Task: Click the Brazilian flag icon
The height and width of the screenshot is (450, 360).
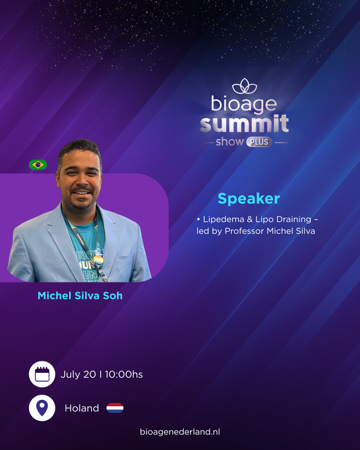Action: click(x=38, y=165)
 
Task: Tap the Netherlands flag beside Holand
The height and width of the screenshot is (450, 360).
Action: click(x=115, y=408)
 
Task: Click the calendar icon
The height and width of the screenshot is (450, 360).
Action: click(x=42, y=374)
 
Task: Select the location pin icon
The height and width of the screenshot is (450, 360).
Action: click(x=42, y=408)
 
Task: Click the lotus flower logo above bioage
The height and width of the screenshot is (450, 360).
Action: click(x=245, y=86)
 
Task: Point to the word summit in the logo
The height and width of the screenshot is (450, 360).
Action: click(x=244, y=124)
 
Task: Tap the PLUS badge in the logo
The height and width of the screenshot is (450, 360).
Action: click(x=259, y=142)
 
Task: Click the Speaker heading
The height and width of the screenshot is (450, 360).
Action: click(x=249, y=199)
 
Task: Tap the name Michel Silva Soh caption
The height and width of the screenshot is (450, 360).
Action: click(x=80, y=295)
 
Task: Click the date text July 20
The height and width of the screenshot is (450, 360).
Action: click(x=78, y=374)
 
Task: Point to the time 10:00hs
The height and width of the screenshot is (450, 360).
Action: click(x=124, y=374)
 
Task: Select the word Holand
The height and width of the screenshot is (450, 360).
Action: click(x=82, y=408)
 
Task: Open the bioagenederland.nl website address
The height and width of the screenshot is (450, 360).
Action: click(x=180, y=432)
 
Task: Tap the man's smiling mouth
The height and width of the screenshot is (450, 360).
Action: click(x=82, y=193)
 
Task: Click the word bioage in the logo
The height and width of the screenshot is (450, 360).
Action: click(x=244, y=104)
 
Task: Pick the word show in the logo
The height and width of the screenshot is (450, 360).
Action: click(x=230, y=142)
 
